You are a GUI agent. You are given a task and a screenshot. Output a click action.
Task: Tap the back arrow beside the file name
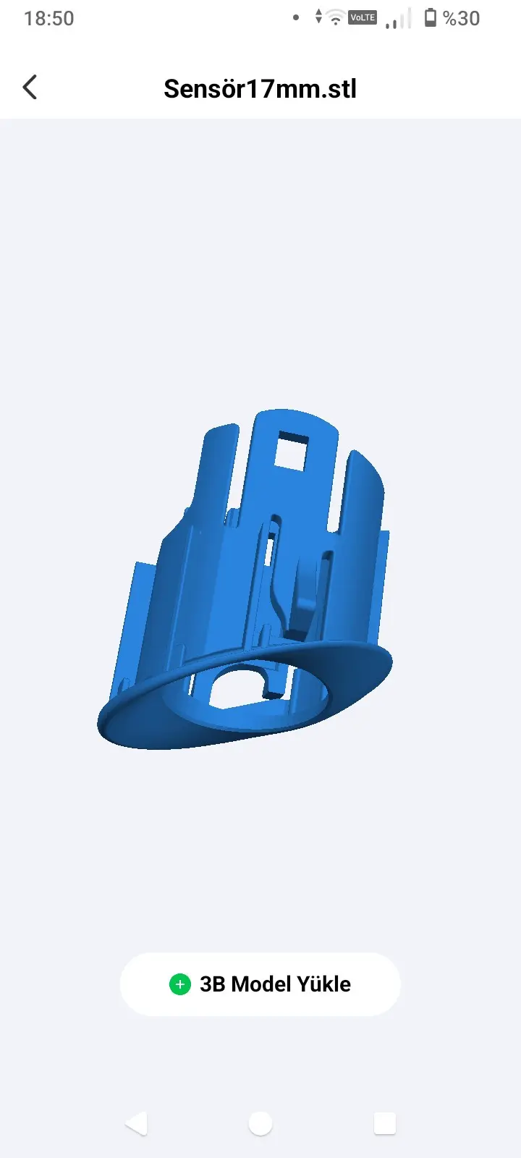point(30,87)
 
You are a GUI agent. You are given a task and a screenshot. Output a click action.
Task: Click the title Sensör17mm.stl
point(260,88)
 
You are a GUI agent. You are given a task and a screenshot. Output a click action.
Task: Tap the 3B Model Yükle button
point(260,984)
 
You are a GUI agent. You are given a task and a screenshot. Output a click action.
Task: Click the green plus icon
point(180,984)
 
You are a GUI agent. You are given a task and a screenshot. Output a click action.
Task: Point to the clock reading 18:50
point(49,19)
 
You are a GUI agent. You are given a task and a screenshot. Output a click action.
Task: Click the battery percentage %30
point(462,19)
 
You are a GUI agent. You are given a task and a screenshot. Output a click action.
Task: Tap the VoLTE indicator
point(363,17)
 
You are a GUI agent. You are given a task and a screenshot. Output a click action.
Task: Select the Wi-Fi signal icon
point(336,17)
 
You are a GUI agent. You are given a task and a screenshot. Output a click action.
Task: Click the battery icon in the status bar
point(430,17)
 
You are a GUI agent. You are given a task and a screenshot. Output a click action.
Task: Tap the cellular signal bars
point(398,19)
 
